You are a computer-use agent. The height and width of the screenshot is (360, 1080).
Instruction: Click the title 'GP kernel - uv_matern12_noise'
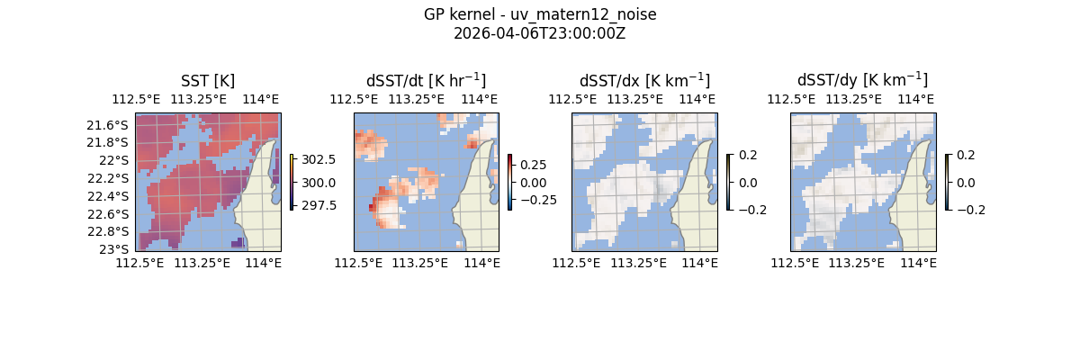pyautogui.click(x=539, y=14)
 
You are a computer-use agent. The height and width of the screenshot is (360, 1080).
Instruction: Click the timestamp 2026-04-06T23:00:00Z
pyautogui.click(x=539, y=33)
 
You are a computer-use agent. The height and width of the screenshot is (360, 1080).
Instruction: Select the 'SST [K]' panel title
pyautogui.click(x=208, y=81)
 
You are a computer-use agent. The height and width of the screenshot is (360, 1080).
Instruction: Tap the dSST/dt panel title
pyautogui.click(x=426, y=81)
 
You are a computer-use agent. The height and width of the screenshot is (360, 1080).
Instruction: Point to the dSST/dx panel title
pyautogui.click(x=644, y=81)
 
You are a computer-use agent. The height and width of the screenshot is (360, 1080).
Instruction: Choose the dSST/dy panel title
pyautogui.click(x=862, y=81)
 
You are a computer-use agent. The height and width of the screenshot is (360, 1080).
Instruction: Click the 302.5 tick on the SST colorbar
pyautogui.click(x=319, y=159)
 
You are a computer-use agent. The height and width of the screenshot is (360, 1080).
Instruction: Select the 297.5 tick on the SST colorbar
pyautogui.click(x=319, y=205)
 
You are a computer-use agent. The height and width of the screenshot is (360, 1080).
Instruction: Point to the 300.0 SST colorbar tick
pyautogui.click(x=319, y=183)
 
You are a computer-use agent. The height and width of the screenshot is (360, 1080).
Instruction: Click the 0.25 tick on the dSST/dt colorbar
pyautogui.click(x=532, y=166)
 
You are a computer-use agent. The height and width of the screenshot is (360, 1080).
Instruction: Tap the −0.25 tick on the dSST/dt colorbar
pyautogui.click(x=536, y=200)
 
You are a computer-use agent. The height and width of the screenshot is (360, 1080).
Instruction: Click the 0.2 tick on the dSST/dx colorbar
pyautogui.click(x=748, y=155)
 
